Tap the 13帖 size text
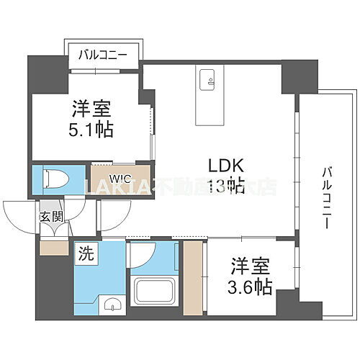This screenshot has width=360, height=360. point(225,186)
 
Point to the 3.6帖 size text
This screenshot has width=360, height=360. point(251,287)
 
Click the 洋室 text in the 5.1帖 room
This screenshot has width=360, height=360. point(90,109)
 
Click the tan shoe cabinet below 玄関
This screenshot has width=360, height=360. point(53,246)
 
